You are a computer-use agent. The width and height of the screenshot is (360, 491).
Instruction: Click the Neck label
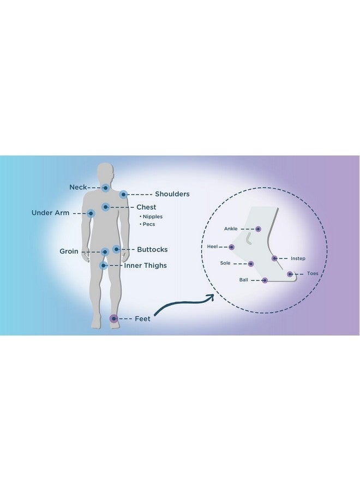point(78,187)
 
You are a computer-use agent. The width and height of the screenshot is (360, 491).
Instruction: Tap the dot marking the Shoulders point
point(123,194)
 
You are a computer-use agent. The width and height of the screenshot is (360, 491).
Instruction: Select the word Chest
point(146,207)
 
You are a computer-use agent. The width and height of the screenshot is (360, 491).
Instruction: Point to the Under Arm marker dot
point(91,213)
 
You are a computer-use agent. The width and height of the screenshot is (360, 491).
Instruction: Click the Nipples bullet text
point(151,217)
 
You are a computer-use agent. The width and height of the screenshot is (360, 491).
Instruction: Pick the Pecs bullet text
point(147,224)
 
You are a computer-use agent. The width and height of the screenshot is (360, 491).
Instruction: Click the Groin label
point(69,252)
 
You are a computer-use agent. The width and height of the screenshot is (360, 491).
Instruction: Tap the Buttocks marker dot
point(116,249)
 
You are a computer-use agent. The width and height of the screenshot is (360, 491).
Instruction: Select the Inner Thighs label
point(146,266)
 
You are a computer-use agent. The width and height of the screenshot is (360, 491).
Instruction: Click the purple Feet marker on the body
point(113,319)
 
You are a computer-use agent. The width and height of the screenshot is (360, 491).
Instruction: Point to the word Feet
point(142,319)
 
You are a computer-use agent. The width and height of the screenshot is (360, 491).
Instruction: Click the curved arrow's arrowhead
point(212,297)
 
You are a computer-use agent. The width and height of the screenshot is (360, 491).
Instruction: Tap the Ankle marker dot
point(258,229)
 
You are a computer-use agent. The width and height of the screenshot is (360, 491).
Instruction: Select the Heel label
point(212,247)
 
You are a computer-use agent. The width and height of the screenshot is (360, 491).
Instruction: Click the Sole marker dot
point(251,264)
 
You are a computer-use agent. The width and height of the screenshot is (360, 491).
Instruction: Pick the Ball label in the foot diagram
point(244,280)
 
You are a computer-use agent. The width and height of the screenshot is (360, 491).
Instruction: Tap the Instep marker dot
point(274,259)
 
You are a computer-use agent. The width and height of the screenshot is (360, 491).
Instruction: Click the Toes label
point(313,273)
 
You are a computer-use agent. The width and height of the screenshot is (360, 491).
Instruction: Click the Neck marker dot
point(105,188)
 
